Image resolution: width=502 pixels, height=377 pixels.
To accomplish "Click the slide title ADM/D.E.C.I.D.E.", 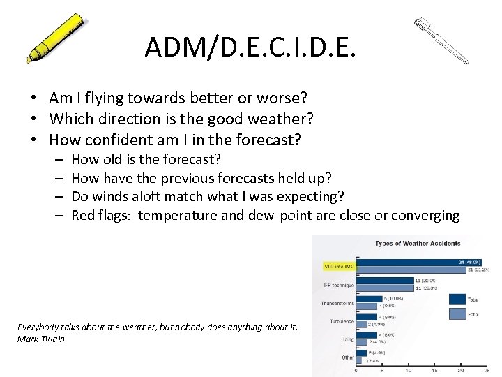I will tap(250, 47).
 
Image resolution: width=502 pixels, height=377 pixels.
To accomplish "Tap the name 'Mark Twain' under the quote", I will tap(40, 339).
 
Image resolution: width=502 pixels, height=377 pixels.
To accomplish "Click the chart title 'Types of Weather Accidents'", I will tap(418, 243).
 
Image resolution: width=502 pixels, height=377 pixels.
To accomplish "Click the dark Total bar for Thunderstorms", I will tap(370, 298).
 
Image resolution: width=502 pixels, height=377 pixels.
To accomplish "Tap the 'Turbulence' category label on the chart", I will tap(340, 322).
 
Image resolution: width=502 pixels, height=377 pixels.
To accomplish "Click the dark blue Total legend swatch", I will tap(457, 299).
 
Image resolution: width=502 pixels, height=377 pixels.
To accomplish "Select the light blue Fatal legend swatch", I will tap(457, 314).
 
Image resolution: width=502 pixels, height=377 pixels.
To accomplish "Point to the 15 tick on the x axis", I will tap(434, 370).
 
